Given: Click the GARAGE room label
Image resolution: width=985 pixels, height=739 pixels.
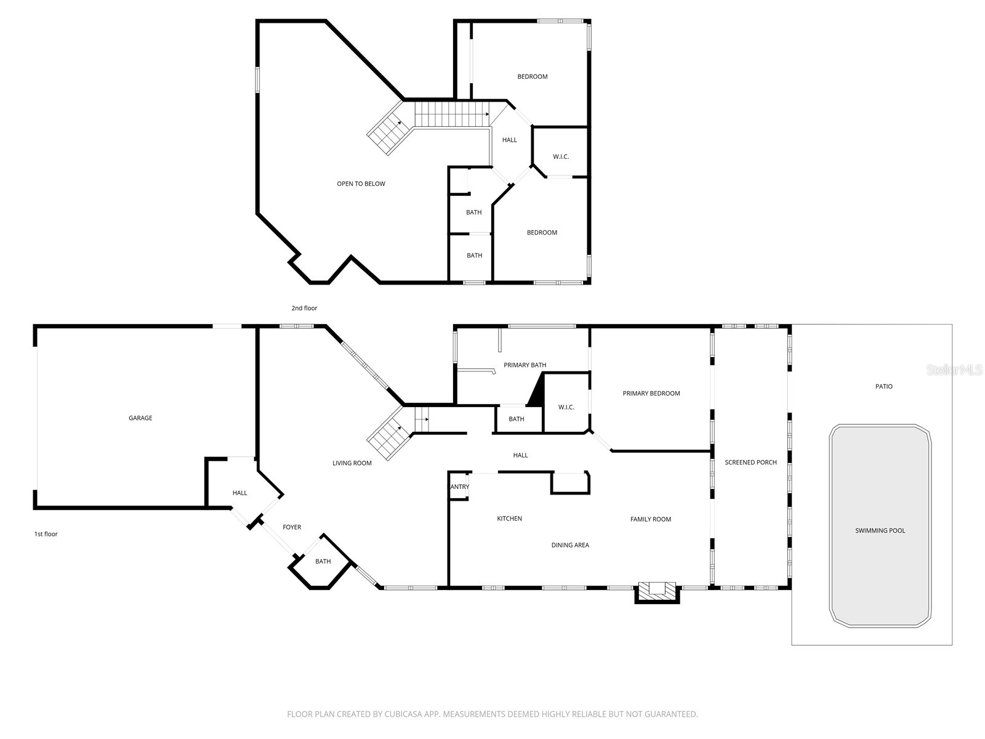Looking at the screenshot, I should tap(140, 418).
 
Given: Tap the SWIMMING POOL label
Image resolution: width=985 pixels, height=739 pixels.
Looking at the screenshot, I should tap(880, 531).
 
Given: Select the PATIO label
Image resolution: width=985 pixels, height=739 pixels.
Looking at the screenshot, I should tap(883, 387).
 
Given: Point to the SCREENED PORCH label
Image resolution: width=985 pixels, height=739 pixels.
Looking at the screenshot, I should tap(750, 462).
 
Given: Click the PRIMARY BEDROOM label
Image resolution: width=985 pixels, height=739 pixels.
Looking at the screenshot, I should tap(651, 394).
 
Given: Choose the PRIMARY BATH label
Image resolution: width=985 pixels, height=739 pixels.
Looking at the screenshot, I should tap(525, 365).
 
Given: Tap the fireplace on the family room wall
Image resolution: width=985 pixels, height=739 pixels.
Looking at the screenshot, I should tap(657, 591).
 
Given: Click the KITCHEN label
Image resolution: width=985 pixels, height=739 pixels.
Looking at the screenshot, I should tap(509, 519).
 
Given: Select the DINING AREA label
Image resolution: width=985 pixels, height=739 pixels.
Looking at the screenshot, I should tap(570, 545).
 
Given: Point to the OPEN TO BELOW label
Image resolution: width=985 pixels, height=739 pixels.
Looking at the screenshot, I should tap(361, 184).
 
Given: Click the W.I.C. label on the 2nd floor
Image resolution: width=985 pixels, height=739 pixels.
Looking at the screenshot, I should tap(560, 157).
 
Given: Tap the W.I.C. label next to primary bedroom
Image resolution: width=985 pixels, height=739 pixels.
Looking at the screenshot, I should tap(566, 407).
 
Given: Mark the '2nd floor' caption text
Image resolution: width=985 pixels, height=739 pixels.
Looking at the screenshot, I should tap(304, 308).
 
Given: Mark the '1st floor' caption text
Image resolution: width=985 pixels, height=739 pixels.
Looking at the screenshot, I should tap(46, 534).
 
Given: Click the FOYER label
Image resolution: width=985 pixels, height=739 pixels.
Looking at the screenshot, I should tap(292, 527).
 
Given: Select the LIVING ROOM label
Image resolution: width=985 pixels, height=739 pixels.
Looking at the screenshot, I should tap(352, 463).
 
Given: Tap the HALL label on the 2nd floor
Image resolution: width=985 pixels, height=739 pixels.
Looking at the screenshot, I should tap(509, 140).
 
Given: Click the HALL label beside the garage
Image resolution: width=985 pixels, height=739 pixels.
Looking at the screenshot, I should tap(239, 493).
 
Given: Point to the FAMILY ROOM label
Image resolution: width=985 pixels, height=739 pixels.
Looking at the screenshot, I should tap(650, 519).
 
